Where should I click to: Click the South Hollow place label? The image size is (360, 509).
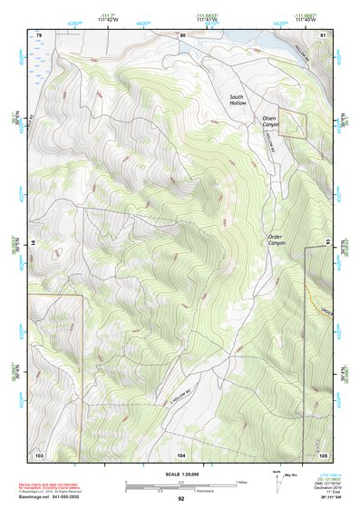(x=238, y=100)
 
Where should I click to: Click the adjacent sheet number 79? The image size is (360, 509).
(x=38, y=34)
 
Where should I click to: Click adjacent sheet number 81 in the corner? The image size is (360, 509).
(x=323, y=34)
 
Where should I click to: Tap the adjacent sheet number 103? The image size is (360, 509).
(x=38, y=454)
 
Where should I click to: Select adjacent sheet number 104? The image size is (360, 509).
(x=181, y=454)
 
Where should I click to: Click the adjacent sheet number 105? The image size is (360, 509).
(x=323, y=454)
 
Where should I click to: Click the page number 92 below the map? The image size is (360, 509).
(x=180, y=499)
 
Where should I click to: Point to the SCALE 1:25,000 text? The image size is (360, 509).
(x=180, y=475)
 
